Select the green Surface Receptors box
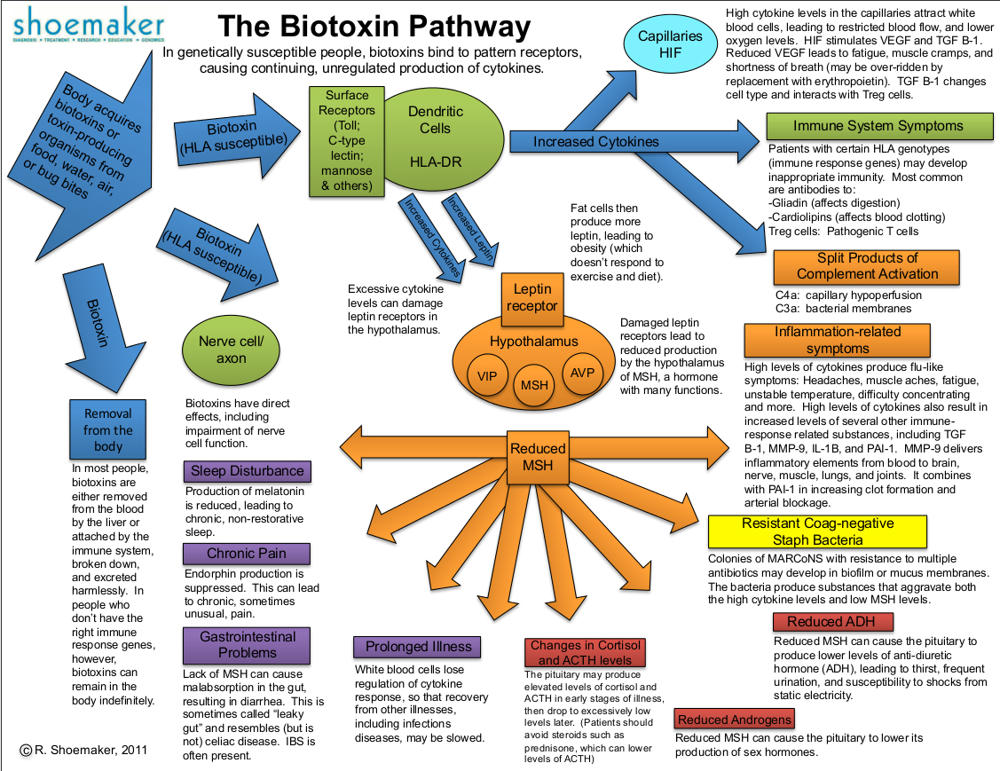click(x=346, y=140)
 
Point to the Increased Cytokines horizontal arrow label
click(x=595, y=142)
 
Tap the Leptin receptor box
click(x=532, y=297)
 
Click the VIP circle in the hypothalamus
click(x=487, y=375)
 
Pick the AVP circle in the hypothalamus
click(x=582, y=372)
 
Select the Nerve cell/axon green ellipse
click(x=225, y=350)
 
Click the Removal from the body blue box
click(x=107, y=430)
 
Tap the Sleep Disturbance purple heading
click(x=247, y=471)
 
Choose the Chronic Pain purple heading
click(x=247, y=554)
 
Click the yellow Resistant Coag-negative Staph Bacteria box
click(x=817, y=531)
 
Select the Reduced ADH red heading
click(x=821, y=622)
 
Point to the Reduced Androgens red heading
click(x=734, y=720)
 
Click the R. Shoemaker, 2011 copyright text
click(x=83, y=751)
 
